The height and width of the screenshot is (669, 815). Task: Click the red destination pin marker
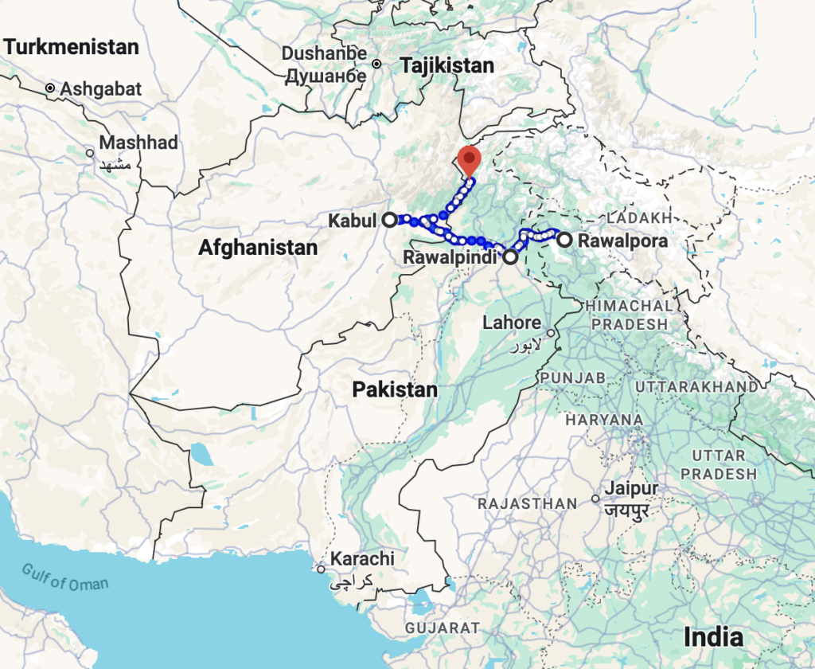tap(470, 159)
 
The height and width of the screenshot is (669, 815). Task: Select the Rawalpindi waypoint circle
tap(510, 257)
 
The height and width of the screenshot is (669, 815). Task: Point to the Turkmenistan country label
tap(71, 47)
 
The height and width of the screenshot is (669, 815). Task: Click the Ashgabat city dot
tap(50, 88)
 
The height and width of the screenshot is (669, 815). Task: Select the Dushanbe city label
tap(326, 54)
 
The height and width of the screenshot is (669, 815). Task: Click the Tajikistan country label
tap(447, 66)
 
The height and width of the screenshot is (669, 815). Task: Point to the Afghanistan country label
tap(258, 248)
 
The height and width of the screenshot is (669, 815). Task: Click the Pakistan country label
tap(396, 389)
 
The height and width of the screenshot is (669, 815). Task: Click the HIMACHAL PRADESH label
tap(629, 315)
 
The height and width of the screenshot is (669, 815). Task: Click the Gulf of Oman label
tap(64, 576)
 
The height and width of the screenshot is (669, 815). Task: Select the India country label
tap(713, 637)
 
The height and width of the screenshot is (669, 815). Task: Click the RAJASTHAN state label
tap(527, 503)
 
